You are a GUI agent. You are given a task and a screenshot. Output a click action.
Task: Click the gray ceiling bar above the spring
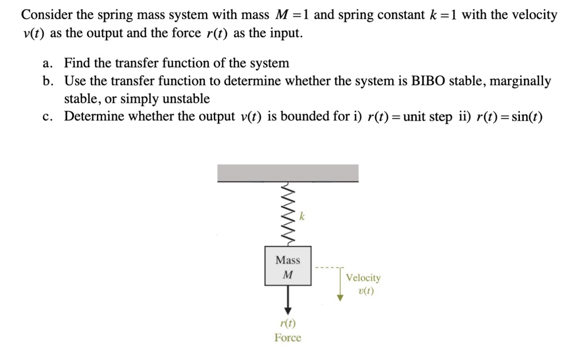coord(288,173)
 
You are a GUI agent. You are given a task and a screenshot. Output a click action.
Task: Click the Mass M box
coord(288,266)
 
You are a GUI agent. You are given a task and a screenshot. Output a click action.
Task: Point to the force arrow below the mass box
coord(288,300)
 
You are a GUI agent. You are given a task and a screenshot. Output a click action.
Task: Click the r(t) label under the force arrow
coord(288,323)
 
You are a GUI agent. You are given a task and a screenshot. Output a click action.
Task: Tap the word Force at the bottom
coord(288,337)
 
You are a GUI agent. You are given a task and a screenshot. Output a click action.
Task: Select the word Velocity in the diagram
coord(364,278)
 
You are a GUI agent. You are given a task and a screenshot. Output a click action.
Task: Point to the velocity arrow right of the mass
coord(340,286)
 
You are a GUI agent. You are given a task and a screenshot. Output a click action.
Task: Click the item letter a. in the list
coord(47,63)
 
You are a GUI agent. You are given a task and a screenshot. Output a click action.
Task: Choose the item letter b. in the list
coord(47,81)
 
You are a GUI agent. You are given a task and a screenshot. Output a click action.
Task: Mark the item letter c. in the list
coord(47,117)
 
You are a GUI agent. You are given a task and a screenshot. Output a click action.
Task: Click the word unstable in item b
coord(183,99)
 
